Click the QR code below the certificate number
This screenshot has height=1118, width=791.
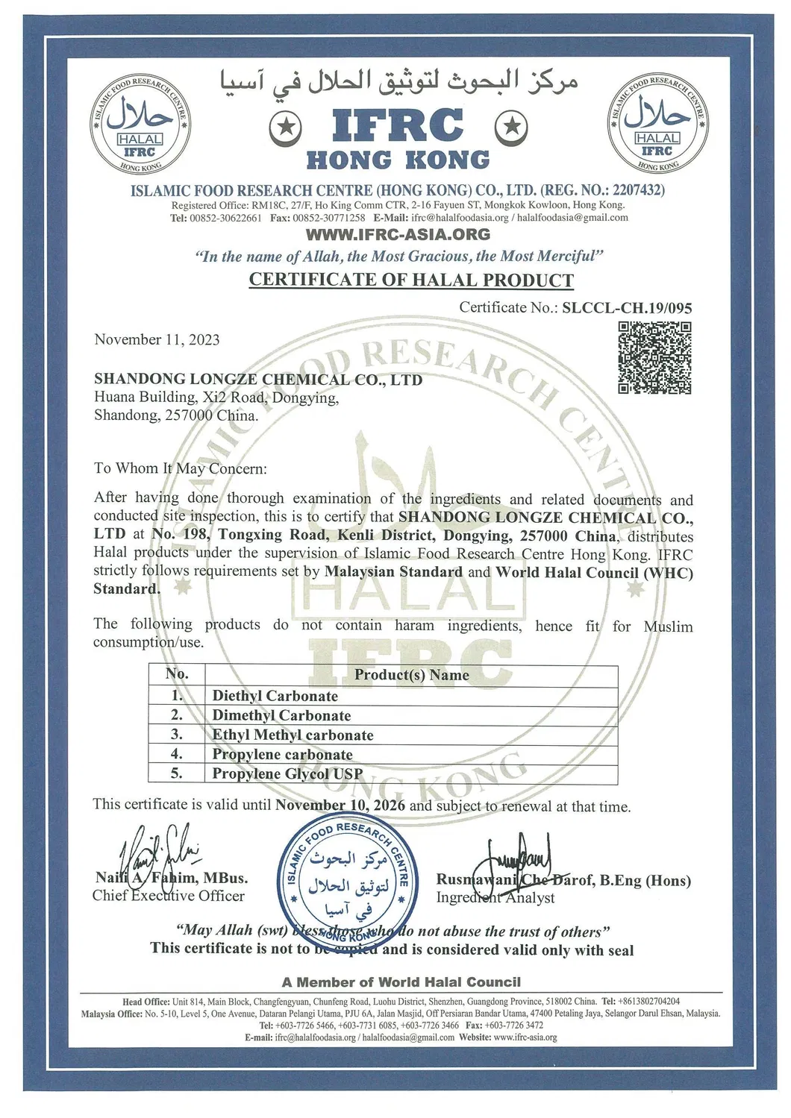pyautogui.click(x=654, y=357)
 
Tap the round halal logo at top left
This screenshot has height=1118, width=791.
pyautogui.click(x=139, y=124)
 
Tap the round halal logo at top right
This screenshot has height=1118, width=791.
pyautogui.click(x=657, y=124)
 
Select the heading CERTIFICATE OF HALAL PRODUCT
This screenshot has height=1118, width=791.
pyautogui.click(x=411, y=280)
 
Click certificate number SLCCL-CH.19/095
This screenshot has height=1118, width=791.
pyautogui.click(x=627, y=307)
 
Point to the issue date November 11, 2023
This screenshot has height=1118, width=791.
pyautogui.click(x=157, y=340)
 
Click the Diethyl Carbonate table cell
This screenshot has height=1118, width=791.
pyautogui.click(x=275, y=696)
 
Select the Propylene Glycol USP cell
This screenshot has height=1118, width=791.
pyautogui.click(x=287, y=773)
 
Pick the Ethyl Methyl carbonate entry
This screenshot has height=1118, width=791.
pyautogui.click(x=293, y=735)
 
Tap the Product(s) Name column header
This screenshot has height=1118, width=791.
pyautogui.click(x=411, y=675)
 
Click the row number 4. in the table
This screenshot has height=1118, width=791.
pyautogui.click(x=177, y=754)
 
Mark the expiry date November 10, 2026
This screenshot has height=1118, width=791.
pyautogui.click(x=340, y=805)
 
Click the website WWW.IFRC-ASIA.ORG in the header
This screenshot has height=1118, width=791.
pyautogui.click(x=398, y=234)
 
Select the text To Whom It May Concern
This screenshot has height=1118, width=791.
pyautogui.click(x=180, y=468)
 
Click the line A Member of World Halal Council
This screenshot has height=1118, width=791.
pyautogui.click(x=401, y=982)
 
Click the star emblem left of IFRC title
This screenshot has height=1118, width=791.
pyautogui.click(x=284, y=129)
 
